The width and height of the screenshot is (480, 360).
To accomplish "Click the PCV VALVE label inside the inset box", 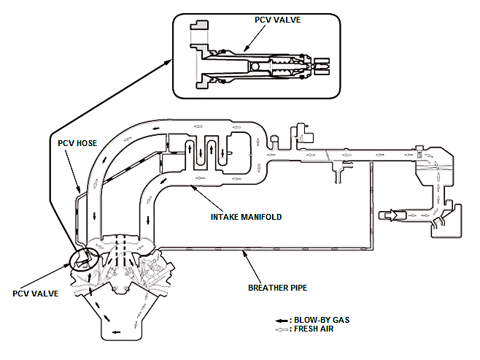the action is click(277, 20).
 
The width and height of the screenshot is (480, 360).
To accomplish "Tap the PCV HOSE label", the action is click(77, 143).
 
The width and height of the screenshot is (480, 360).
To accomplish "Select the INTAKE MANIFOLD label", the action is click(246, 217).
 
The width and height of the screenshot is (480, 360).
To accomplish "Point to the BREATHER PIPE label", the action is click(277, 288).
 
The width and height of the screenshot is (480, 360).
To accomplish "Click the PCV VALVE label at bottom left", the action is click(36, 294).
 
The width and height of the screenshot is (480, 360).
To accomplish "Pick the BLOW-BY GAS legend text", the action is click(322, 320).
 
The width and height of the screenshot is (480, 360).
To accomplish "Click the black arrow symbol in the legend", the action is click(282, 321).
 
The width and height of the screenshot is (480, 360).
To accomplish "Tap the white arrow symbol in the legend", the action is click(282, 330).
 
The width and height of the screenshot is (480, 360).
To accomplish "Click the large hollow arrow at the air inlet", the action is click(392, 215).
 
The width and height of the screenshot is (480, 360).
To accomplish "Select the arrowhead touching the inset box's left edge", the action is click(168, 62).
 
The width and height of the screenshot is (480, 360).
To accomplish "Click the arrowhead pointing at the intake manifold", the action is click(193, 187).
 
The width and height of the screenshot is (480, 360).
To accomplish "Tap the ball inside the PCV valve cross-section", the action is click(255, 66).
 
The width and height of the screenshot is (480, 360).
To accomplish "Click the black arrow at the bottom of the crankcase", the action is click(116, 332).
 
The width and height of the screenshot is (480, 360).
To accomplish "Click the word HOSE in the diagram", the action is click(87, 143).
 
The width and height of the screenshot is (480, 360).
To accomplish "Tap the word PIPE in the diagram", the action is click(297, 288).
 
